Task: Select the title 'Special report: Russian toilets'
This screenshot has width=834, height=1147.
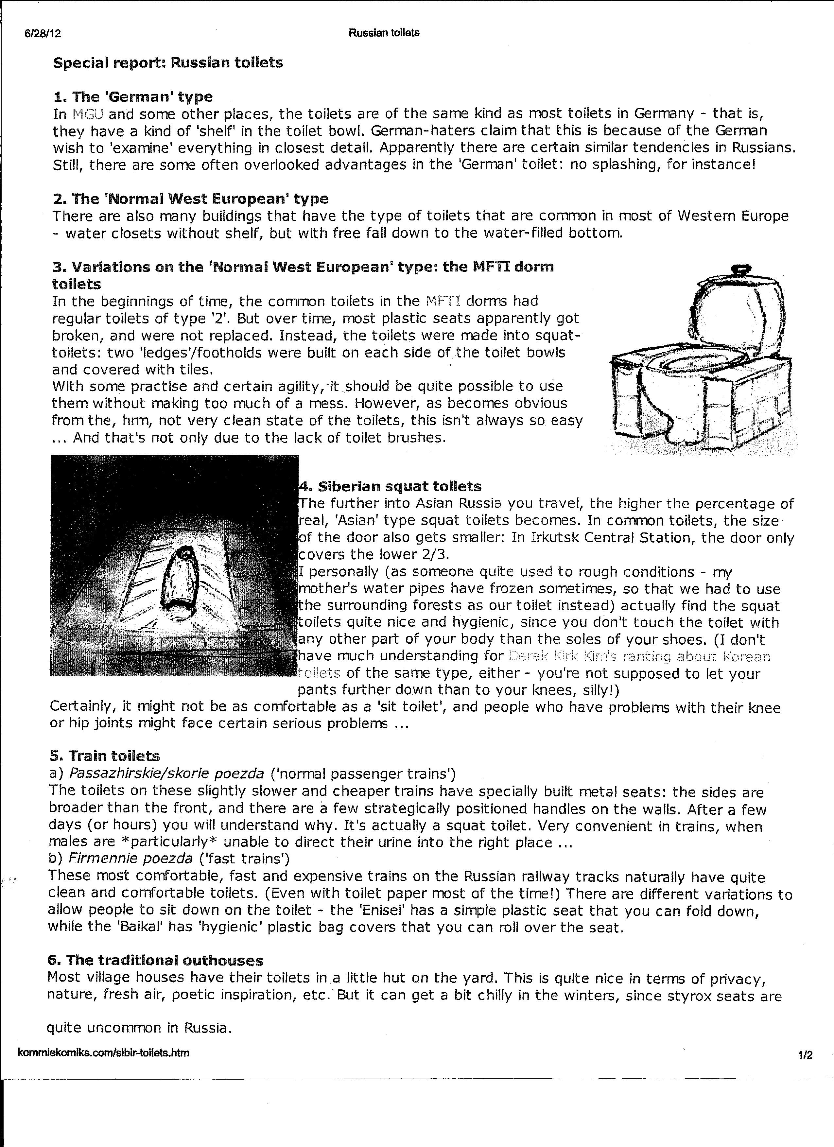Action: (168, 63)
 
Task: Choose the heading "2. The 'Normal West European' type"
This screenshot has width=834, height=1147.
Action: (190, 199)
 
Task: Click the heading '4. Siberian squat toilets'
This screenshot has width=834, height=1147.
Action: (390, 487)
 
